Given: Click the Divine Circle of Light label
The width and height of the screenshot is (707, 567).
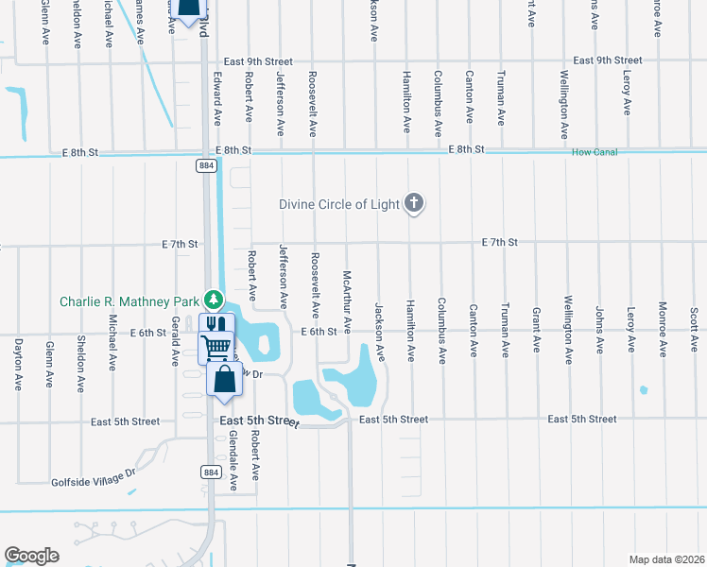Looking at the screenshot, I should point(339,204).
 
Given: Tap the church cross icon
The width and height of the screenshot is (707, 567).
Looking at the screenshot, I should point(413,203).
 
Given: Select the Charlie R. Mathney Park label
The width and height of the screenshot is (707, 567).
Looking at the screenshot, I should point(129,302).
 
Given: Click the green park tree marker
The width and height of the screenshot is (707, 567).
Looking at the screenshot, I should point(215,300).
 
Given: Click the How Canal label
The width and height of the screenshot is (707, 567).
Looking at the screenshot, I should point(593,151).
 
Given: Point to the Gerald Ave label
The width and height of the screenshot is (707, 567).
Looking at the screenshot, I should point(175,341).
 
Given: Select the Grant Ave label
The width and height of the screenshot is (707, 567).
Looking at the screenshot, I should point(536,331).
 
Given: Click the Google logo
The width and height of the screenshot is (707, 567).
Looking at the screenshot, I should point(31,556).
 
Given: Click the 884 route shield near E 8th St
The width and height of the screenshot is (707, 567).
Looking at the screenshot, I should point(206,165).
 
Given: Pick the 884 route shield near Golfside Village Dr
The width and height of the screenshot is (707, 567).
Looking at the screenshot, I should point(206,471).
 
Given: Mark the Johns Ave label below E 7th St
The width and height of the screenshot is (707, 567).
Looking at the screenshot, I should point(599,329).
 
